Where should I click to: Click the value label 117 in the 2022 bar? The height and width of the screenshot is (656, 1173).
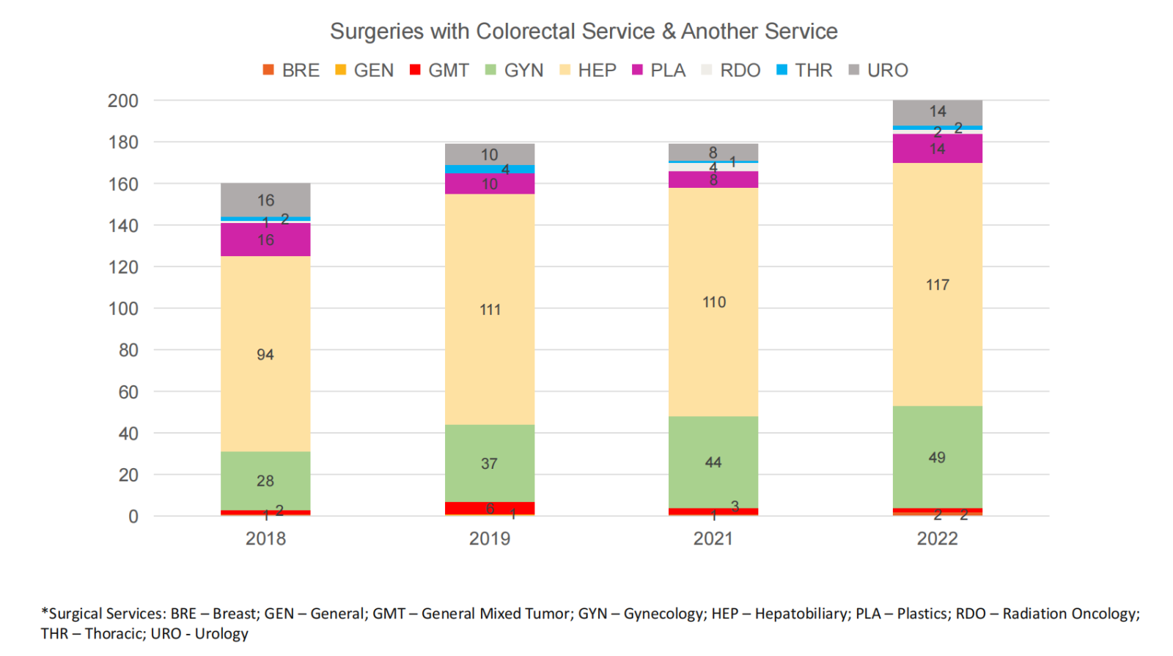[938, 285]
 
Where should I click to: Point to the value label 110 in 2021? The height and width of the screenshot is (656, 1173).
[714, 302]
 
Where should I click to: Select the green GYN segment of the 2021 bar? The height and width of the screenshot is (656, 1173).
[713, 448]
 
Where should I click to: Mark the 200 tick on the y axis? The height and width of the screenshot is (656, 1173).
[122, 101]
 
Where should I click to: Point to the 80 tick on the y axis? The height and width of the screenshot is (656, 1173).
[128, 350]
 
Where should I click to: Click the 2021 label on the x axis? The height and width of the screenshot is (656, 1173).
[713, 539]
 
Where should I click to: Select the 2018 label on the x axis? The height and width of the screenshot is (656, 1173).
[265, 539]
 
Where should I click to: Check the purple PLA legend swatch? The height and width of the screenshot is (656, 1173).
[637, 70]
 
